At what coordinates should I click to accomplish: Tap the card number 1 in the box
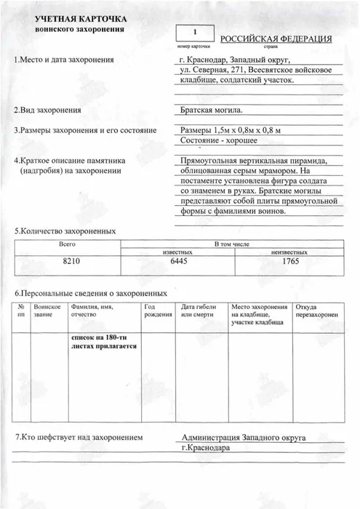coord(194,32)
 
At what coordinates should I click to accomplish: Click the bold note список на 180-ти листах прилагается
coord(103,342)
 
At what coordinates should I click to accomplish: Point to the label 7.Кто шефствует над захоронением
coord(84,438)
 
